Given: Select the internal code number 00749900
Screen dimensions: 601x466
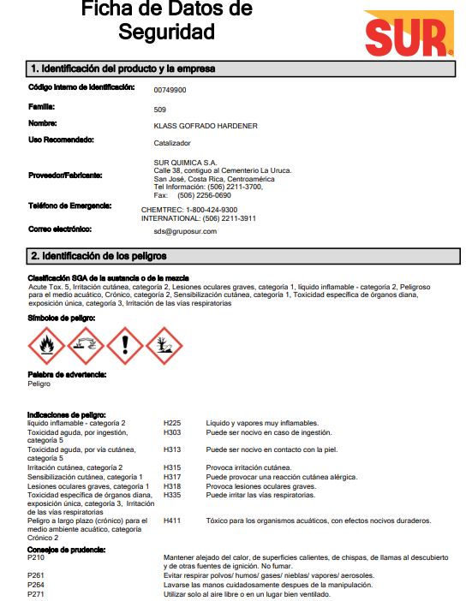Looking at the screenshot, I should coord(170,90).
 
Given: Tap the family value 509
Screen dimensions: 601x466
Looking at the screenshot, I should coord(159,110).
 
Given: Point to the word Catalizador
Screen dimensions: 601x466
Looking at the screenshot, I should coord(172,143).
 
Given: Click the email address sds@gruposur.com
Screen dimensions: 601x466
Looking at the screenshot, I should coord(185,231).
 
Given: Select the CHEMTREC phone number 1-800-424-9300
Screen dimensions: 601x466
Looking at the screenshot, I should coord(212,210).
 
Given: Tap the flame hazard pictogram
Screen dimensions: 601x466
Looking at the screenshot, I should coord(46,345).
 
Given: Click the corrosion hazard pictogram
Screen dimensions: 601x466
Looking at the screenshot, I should coord(85,345).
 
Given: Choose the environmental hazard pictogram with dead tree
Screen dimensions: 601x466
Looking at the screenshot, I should coord(164,345).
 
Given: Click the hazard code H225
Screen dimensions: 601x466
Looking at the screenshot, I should coord(172,423).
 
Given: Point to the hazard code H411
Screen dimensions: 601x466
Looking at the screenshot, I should coord(172,521).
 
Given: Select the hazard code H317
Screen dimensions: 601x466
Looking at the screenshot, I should coord(172,477).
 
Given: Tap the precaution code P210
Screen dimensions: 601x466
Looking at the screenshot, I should coord(35,556).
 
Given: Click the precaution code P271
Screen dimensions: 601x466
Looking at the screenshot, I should coord(35,593).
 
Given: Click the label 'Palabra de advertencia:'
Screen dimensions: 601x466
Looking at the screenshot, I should coord(67,375).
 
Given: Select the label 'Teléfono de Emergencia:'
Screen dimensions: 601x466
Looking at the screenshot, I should coord(70,206).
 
